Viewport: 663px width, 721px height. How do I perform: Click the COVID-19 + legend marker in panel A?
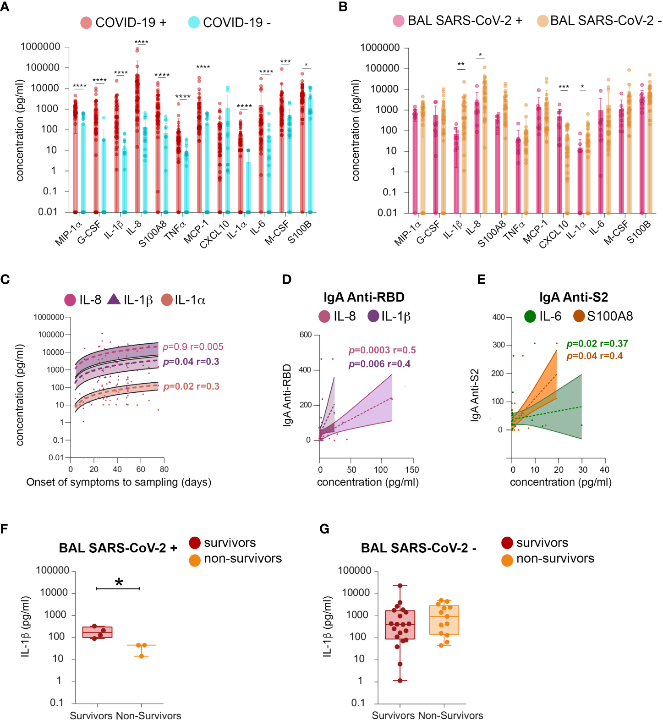point(86,22)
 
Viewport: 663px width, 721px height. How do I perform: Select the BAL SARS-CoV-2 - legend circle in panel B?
point(543,21)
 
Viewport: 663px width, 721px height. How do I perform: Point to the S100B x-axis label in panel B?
point(639,232)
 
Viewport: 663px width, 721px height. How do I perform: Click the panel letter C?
point(5,280)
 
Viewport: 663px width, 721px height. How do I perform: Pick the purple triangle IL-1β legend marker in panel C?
point(114,300)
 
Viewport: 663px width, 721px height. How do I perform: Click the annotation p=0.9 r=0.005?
point(193,347)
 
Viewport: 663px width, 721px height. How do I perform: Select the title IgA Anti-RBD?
point(364,297)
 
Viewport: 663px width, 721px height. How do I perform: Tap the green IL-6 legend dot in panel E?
point(530,316)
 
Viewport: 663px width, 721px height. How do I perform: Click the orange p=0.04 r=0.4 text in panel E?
point(594,356)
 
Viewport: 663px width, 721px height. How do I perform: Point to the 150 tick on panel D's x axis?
point(412,469)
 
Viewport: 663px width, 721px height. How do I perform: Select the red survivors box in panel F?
point(97,632)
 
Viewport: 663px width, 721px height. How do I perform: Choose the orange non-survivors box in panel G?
point(444,620)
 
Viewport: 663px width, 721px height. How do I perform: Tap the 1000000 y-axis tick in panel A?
point(40,47)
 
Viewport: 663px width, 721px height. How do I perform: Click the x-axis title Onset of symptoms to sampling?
point(119,482)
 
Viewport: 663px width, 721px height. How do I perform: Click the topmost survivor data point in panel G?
point(400,586)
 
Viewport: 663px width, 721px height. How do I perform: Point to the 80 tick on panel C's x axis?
point(164,469)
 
